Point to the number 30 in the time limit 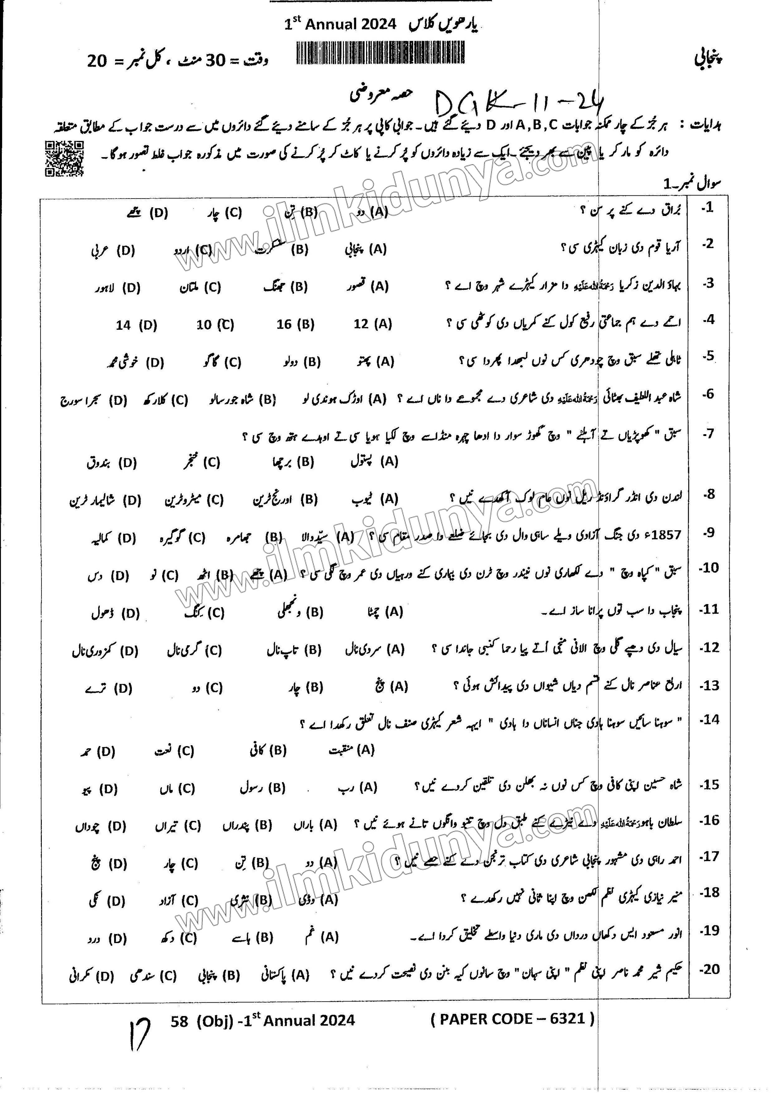[215, 60]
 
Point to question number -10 [708, 568]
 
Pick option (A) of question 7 [374, 461]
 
